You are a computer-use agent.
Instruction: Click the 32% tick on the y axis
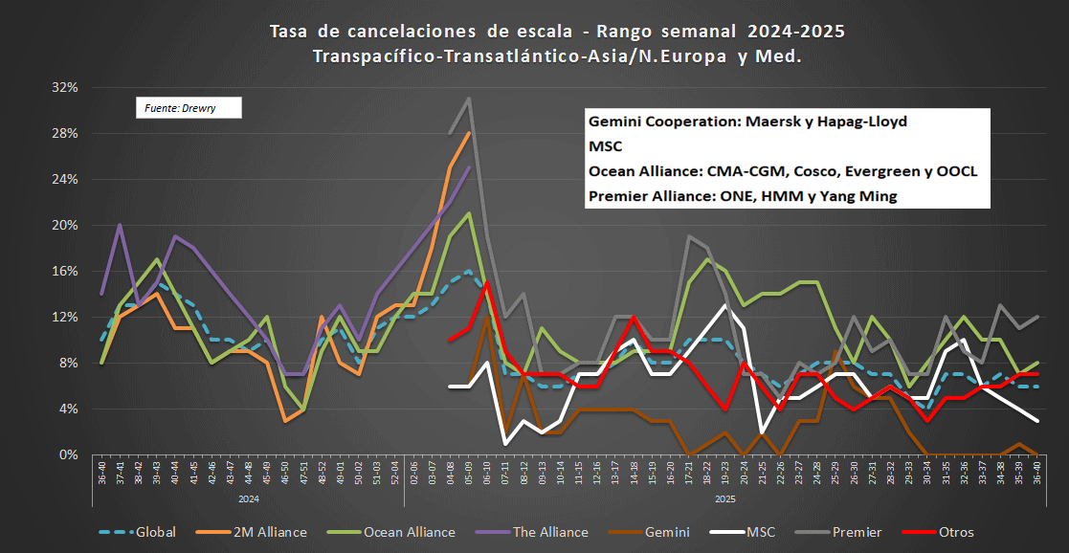click(64, 87)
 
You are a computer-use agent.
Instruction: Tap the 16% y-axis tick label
click(64, 271)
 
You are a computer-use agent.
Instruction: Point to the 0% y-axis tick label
click(68, 454)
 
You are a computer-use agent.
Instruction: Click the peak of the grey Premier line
click(468, 98)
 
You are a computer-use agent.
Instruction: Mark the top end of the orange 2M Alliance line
click(468, 132)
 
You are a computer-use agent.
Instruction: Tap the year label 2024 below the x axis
click(249, 498)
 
